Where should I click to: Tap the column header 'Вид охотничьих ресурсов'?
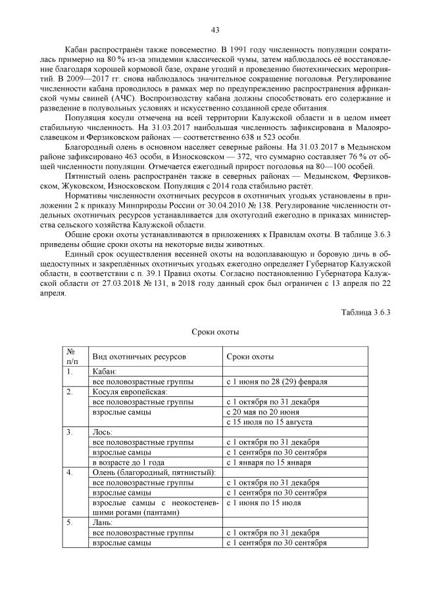tap(139, 355)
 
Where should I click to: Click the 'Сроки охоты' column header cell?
tap(250, 355)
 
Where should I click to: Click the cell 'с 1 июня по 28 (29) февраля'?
tap(277, 382)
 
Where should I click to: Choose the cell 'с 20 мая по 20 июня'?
tap(262, 412)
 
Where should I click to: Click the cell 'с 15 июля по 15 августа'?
tap(268, 422)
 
